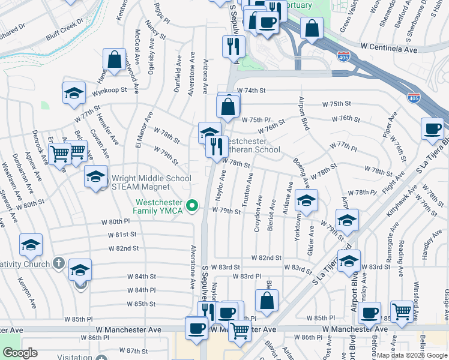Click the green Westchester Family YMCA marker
point(192,206)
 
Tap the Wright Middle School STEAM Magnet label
point(151,182)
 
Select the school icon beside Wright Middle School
point(95,177)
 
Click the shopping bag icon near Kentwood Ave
point(114,60)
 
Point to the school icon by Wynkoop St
point(74,94)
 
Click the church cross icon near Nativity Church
point(58,262)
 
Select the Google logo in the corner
point(20,353)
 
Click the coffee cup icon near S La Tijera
point(432,129)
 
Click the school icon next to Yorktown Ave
point(306,201)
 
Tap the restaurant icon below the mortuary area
point(233,47)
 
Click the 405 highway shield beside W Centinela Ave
point(343,58)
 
